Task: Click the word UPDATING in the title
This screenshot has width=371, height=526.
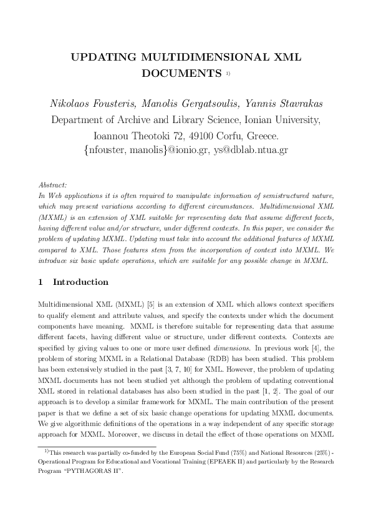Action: tap(104, 57)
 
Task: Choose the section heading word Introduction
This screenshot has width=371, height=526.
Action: tap(80, 282)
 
